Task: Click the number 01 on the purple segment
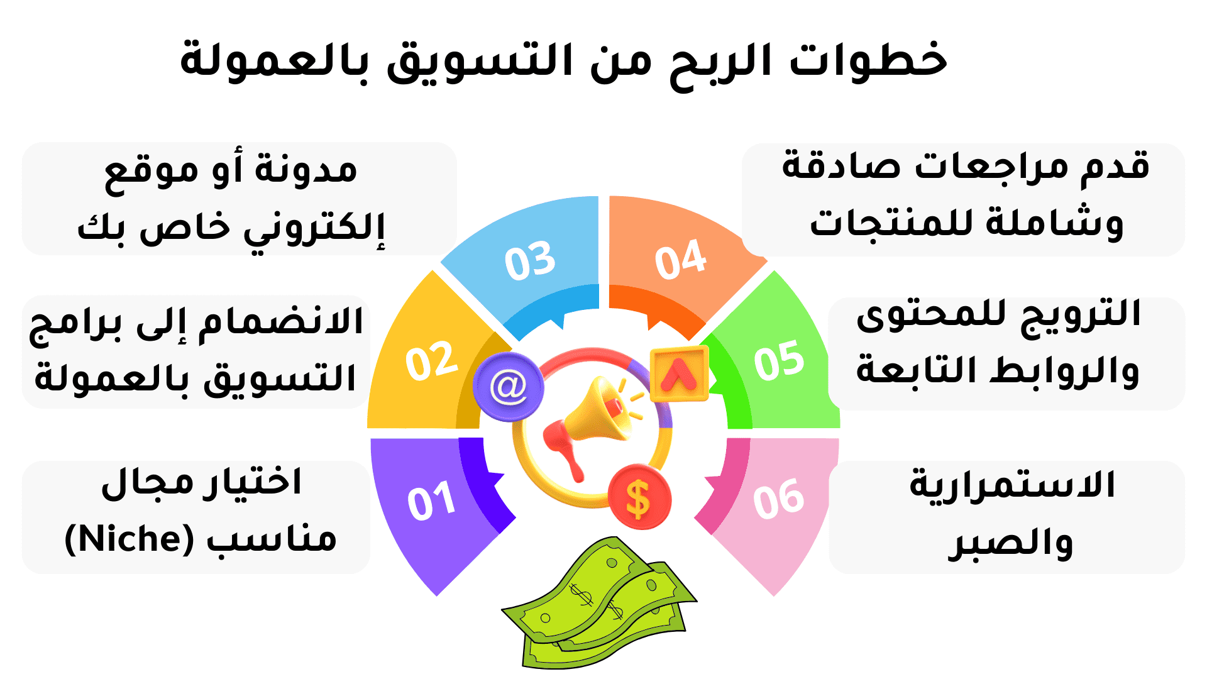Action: [431, 501]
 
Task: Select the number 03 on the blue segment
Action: [530, 260]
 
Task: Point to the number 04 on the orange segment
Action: [681, 259]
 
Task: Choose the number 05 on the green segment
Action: [779, 360]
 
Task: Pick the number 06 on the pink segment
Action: [778, 499]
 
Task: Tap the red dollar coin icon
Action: [639, 497]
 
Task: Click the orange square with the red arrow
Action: [679, 374]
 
